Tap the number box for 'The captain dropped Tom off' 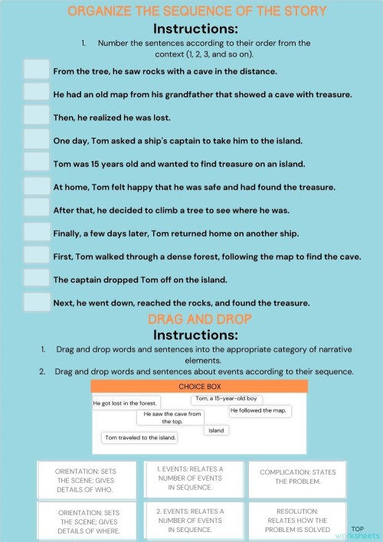coord(36,279)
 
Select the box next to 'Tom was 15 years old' coord(36,162)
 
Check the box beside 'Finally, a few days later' coord(36,232)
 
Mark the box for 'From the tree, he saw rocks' coord(36,70)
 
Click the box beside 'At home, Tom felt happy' coord(36,186)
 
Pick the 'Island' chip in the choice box coord(216,430)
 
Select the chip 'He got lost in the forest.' coord(126,403)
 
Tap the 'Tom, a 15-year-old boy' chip coord(226,399)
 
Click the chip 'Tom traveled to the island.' coord(140,438)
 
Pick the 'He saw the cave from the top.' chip coord(172,417)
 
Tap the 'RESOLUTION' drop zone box coord(297,520)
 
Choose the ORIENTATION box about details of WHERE coord(89,521)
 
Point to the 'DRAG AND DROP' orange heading coord(199,318)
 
